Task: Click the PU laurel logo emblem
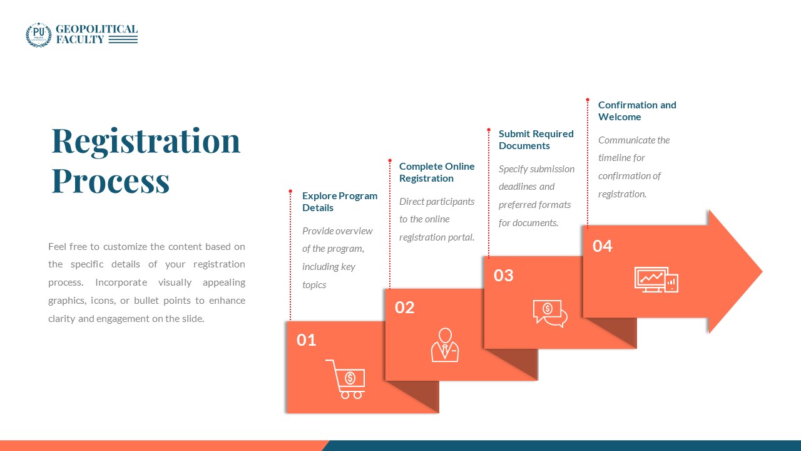(x=38, y=34)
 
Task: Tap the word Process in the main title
(x=110, y=180)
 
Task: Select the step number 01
(x=306, y=340)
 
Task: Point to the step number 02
(x=405, y=308)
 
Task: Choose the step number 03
(x=504, y=275)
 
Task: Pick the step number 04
(x=603, y=246)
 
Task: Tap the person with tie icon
(x=445, y=345)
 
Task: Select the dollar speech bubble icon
(x=549, y=313)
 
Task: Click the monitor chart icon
(x=656, y=279)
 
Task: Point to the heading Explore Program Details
(x=340, y=202)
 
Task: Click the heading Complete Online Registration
(x=437, y=172)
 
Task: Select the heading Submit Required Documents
(x=536, y=140)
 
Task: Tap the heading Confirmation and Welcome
(x=637, y=111)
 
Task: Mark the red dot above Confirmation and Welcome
(x=588, y=100)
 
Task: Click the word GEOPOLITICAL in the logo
(x=96, y=29)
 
